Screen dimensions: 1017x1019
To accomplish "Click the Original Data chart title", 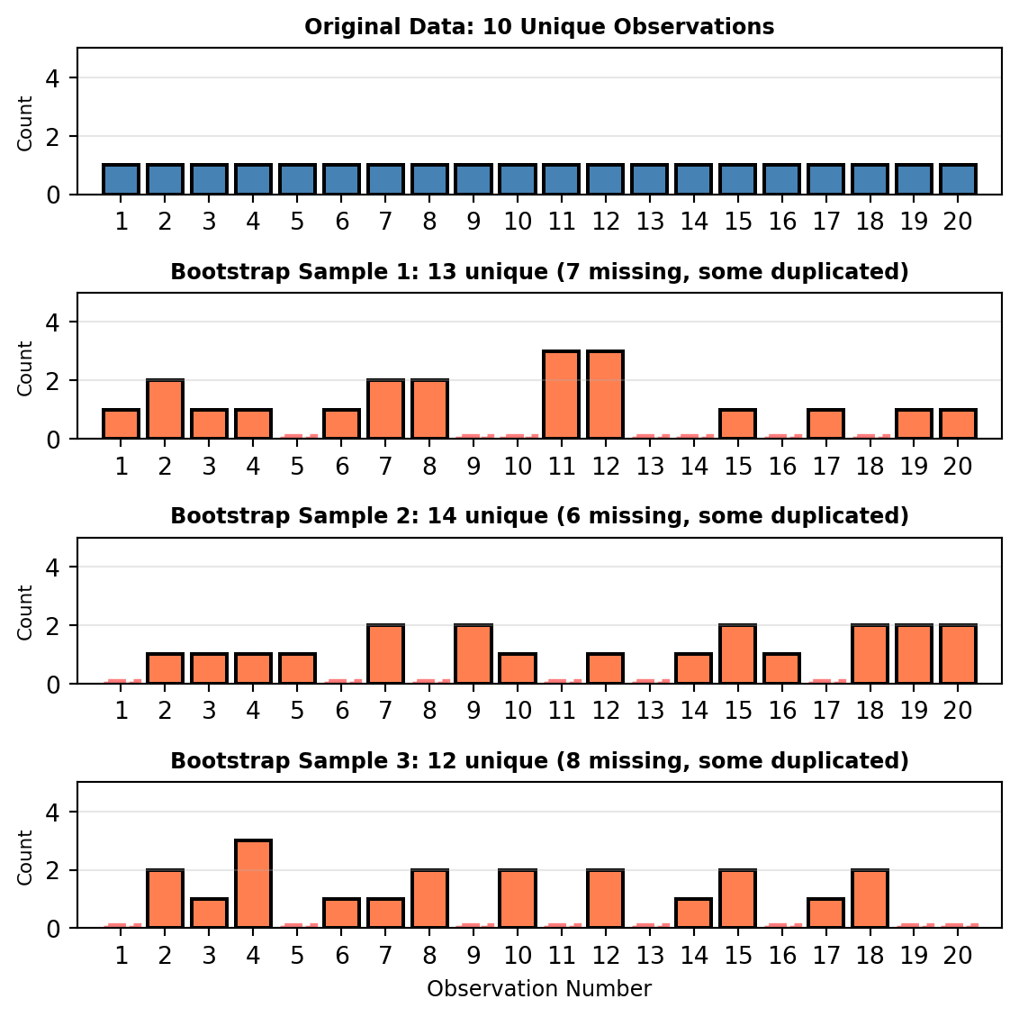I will [x=539, y=27].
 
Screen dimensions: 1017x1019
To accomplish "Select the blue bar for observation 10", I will [x=518, y=179].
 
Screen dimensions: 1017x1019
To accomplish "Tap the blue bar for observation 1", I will [x=122, y=179].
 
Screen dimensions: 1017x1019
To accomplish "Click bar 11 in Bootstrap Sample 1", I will [x=562, y=395].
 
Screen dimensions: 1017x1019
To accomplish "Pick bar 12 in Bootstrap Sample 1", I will [x=606, y=395].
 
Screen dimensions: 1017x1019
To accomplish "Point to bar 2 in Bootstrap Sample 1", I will [x=166, y=410].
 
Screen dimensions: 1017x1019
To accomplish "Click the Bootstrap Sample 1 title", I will [x=539, y=272].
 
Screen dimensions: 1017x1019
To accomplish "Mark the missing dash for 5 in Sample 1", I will [x=297, y=436].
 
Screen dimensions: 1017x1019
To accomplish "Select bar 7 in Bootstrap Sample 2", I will [x=385, y=655].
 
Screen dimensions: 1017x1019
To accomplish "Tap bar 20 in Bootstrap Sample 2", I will [x=958, y=655].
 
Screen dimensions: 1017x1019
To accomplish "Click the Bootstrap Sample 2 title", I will [x=539, y=516].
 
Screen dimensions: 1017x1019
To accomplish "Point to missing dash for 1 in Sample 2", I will [x=122, y=681].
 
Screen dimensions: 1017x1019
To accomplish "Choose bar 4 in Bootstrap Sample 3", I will [x=253, y=884].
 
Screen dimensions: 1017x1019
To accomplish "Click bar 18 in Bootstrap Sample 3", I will [x=870, y=899].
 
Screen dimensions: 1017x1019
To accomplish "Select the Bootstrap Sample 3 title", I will [x=539, y=761].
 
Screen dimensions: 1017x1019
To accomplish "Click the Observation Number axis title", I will [x=539, y=989].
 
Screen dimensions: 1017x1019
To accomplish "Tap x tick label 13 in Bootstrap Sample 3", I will [x=650, y=955].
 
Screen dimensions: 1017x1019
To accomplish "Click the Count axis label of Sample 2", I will [x=25, y=613].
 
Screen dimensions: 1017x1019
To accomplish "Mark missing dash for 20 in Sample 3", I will [x=958, y=925].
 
